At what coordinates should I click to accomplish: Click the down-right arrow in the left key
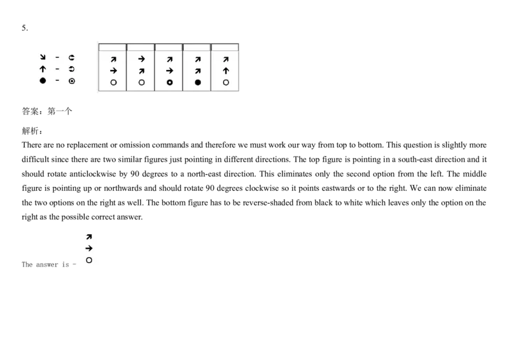(43, 57)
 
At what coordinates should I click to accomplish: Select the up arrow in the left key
(43, 69)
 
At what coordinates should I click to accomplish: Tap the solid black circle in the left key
(43, 81)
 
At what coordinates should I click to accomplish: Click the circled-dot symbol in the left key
(72, 81)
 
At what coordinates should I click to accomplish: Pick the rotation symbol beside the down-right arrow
(72, 57)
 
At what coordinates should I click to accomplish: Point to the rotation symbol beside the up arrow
(72, 69)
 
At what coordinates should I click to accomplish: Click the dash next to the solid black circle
(57, 81)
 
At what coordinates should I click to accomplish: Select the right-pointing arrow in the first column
(113, 71)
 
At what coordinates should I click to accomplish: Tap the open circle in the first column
(113, 83)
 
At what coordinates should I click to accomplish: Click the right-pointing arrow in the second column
(141, 59)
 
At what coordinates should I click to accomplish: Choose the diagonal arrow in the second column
(141, 71)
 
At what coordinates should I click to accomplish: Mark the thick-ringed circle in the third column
(169, 83)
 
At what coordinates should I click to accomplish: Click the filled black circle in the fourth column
(197, 83)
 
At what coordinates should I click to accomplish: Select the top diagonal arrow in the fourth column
(197, 59)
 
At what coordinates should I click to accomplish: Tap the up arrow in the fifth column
(226, 71)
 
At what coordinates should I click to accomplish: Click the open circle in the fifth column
(226, 83)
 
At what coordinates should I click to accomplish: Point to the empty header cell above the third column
(169, 47)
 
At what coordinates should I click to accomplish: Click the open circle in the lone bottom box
(89, 260)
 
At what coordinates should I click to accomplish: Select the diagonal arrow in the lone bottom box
(89, 237)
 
